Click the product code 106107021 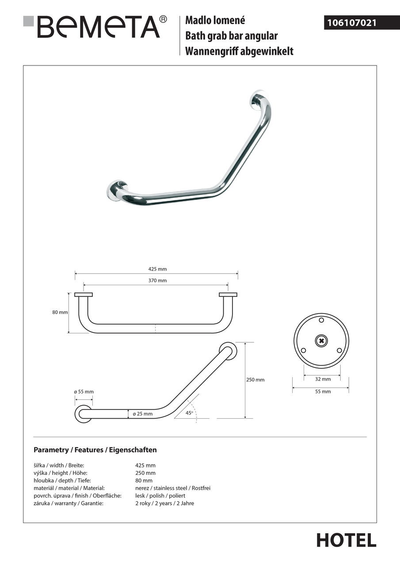(x=352, y=22)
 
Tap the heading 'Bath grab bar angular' (x=231, y=36)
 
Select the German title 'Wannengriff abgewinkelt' (x=239, y=51)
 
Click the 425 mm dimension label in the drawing (x=158, y=269)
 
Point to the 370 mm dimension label (x=158, y=280)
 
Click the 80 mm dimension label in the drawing (x=60, y=312)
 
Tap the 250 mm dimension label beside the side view (x=255, y=380)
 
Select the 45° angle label (x=190, y=413)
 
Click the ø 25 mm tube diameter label (x=142, y=414)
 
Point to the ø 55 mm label (x=84, y=392)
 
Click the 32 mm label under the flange (x=323, y=379)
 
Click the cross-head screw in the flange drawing (x=321, y=340)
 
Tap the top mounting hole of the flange (x=321, y=320)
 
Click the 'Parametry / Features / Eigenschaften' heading (x=95, y=450)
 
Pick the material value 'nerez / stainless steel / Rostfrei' (x=173, y=488)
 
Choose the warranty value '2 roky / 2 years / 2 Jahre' (x=164, y=503)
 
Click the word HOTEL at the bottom (x=346, y=540)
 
